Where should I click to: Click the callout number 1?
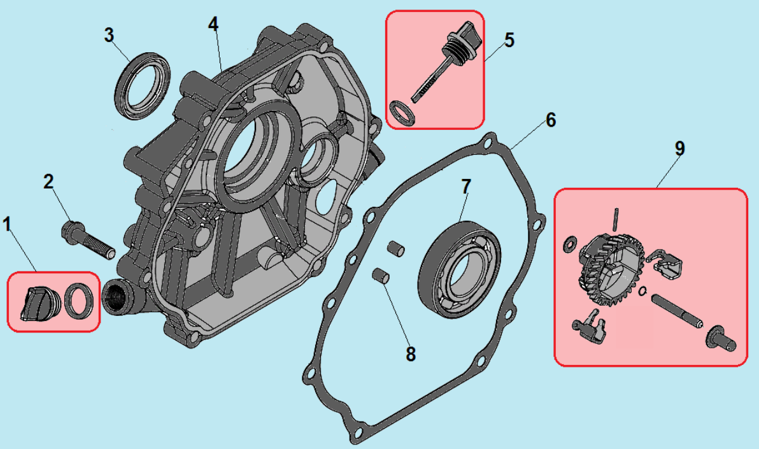8,224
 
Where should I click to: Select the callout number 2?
49,182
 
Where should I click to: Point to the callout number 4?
213,24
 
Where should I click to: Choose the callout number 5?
509,40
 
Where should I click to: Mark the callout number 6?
551,120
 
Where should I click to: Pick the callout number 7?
466,187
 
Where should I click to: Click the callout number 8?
411,354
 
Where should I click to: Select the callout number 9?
679,149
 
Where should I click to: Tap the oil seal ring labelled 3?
144,85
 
